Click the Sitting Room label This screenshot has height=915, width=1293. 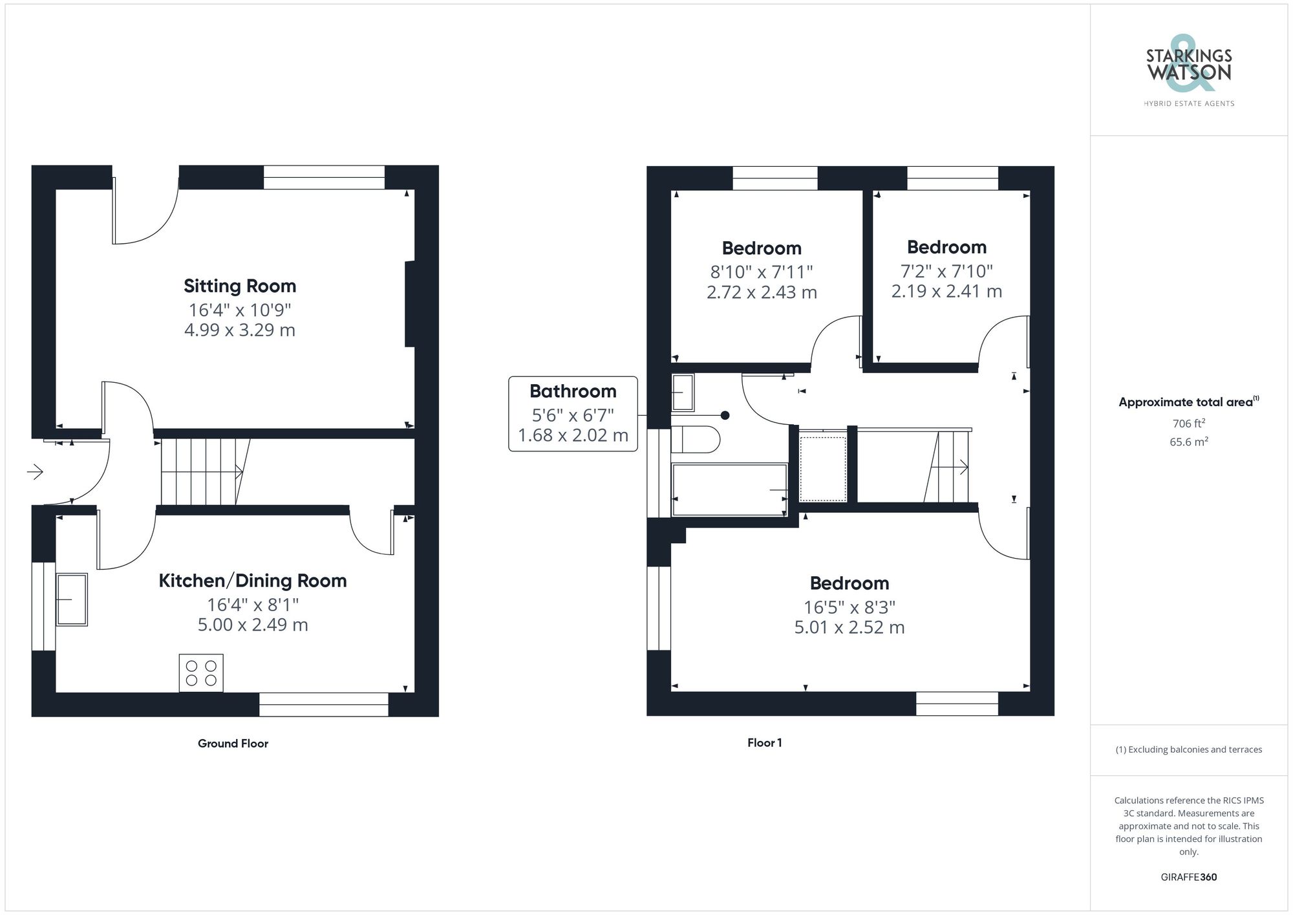[x=239, y=286]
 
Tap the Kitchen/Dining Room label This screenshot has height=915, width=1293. [x=252, y=581]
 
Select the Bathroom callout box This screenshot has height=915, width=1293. [x=573, y=414]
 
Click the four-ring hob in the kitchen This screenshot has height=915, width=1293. [x=201, y=673]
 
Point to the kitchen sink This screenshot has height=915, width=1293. [x=71, y=599]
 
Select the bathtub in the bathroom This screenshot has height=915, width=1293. [x=729, y=490]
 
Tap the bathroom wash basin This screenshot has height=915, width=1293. [x=683, y=393]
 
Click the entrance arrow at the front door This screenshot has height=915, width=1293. [x=35, y=472]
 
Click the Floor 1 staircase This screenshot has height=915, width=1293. [x=946, y=467]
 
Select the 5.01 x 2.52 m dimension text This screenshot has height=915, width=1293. [x=849, y=627]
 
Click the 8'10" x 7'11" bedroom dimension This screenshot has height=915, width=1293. [x=762, y=272]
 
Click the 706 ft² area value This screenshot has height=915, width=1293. [x=1188, y=424]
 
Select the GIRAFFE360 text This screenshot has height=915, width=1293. [x=1188, y=877]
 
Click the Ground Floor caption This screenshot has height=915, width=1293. [x=233, y=744]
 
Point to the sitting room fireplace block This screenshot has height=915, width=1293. [x=410, y=304]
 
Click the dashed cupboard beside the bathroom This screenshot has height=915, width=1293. [x=822, y=468]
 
